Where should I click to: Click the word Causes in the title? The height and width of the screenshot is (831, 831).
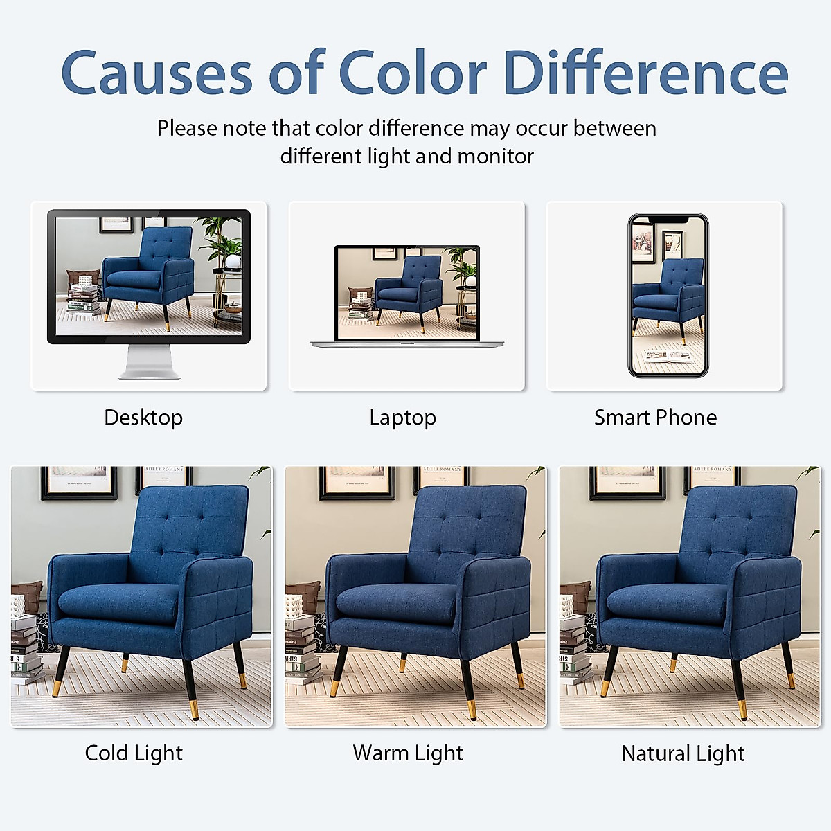tap(157, 73)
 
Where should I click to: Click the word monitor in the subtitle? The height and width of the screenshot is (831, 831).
tap(496, 156)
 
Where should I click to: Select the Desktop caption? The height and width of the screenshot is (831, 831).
tap(143, 418)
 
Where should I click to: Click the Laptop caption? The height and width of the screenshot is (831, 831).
tap(403, 418)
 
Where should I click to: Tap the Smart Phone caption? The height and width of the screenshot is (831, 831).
tap(656, 418)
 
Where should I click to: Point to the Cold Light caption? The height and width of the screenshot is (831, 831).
tap(134, 753)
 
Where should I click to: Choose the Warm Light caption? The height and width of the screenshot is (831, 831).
tap(408, 753)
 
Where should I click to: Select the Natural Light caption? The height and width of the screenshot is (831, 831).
tap(683, 754)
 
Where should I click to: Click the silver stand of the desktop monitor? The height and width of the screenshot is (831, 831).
tap(149, 361)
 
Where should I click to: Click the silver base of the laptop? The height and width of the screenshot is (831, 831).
tap(407, 343)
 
